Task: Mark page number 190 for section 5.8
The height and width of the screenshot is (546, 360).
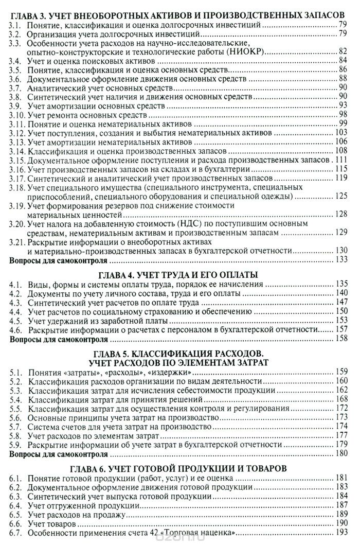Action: (x=343, y=436)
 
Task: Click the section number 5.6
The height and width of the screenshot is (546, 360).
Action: (x=17, y=418)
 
